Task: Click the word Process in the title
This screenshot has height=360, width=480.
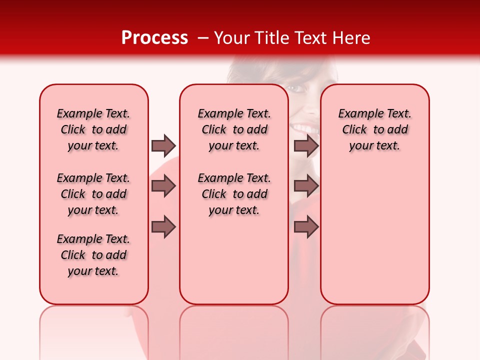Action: tap(154, 38)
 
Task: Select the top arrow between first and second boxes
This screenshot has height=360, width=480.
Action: tap(163, 145)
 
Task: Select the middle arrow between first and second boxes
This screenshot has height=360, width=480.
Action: tap(163, 186)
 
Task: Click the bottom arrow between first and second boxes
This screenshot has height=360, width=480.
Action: tap(163, 227)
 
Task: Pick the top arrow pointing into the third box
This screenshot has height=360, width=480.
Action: tap(306, 145)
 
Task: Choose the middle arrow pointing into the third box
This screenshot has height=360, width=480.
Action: tap(306, 186)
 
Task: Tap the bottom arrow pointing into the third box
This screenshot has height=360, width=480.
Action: tap(306, 227)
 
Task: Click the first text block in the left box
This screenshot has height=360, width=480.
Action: tap(93, 129)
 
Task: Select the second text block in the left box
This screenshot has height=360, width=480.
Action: tap(93, 194)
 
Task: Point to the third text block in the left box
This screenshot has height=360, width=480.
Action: tap(93, 255)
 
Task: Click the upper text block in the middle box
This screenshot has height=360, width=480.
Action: tap(234, 129)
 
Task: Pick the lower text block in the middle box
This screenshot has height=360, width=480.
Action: tap(234, 194)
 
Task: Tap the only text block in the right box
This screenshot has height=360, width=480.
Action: tap(375, 129)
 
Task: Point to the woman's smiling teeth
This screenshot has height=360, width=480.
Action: tap(306, 129)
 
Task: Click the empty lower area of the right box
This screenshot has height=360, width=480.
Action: tap(375, 240)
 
